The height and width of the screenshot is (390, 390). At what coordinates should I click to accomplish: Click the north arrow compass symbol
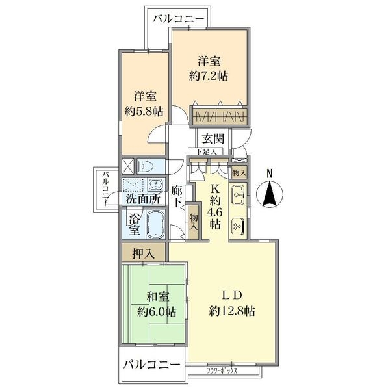272,195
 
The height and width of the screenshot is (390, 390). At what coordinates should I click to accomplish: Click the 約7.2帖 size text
209,75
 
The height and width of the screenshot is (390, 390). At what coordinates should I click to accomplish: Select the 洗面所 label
143,199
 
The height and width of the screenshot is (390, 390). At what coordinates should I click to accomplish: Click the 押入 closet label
144,253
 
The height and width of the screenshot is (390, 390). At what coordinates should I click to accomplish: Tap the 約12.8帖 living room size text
232,311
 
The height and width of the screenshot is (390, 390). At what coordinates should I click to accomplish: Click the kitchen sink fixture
237,193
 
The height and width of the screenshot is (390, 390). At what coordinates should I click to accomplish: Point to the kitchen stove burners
237,224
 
